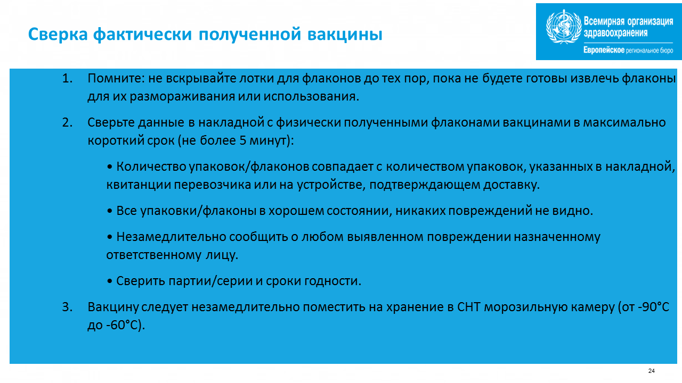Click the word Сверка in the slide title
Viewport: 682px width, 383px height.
tap(58, 35)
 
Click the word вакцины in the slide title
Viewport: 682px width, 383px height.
tap(345, 35)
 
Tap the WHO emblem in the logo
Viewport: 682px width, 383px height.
tap(564, 27)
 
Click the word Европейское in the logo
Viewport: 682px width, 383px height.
tap(604, 50)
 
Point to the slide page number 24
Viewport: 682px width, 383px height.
tap(651, 371)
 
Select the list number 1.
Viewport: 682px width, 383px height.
tap(67, 78)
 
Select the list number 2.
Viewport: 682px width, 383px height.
tap(67, 122)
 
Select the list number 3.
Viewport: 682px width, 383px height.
tap(67, 307)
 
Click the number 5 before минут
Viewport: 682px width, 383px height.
tap(242, 140)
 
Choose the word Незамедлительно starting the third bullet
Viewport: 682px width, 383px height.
tap(171, 237)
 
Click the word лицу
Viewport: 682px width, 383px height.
tap(222, 255)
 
